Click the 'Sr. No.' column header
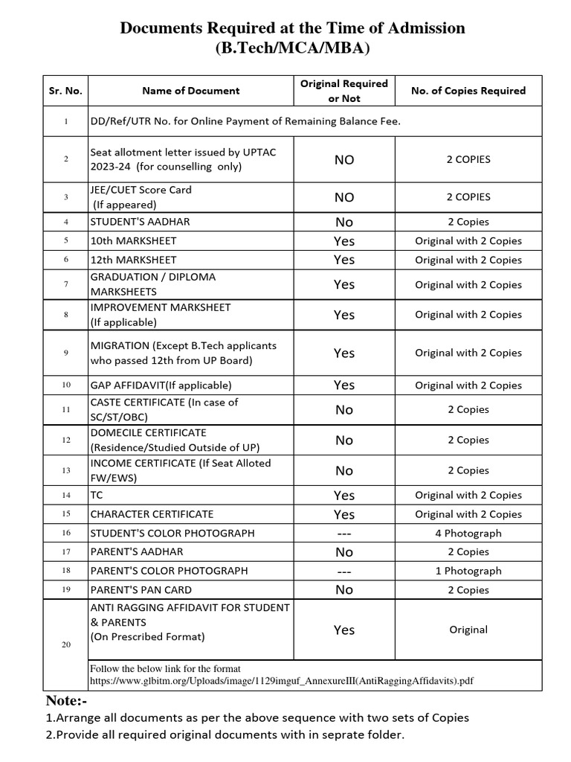pos(66,91)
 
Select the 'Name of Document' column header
pos(190,91)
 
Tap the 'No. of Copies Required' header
pos(468,91)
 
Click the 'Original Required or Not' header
pos(343,91)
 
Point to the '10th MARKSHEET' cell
pos(133,241)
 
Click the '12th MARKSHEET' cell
pos(133,260)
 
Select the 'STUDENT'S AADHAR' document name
pos(138,222)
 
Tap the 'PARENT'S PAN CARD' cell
pos(141,590)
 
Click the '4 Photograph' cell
pos(468,533)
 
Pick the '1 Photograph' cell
pos(468,571)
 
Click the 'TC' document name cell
pos(97,495)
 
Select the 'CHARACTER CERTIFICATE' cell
pos(152,514)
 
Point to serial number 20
pos(66,644)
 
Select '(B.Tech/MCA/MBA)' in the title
pos(292,49)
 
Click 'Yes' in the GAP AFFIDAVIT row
pos(343,385)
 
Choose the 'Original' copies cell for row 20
pos(468,630)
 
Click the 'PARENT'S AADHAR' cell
pos(136,552)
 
